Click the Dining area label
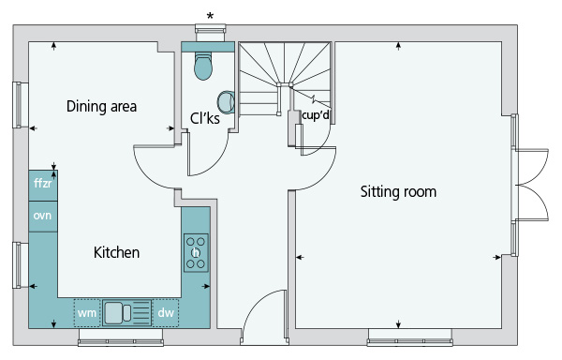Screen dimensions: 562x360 (101, 107)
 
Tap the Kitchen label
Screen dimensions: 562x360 (116, 252)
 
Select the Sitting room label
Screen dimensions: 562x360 (398, 191)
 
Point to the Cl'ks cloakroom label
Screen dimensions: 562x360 (204, 118)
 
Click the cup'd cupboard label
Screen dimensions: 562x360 (316, 115)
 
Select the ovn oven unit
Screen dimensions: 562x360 (43, 217)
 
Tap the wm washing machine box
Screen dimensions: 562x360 (87, 313)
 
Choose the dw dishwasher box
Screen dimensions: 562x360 (166, 313)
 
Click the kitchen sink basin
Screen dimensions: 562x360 (114, 313)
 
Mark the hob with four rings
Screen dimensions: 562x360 (196, 253)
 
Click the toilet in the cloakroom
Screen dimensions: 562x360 (203, 67)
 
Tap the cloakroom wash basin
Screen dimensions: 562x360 (226, 102)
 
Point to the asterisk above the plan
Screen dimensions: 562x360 (211, 16)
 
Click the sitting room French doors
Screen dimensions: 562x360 (530, 185)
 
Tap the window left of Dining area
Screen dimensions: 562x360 (17, 105)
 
